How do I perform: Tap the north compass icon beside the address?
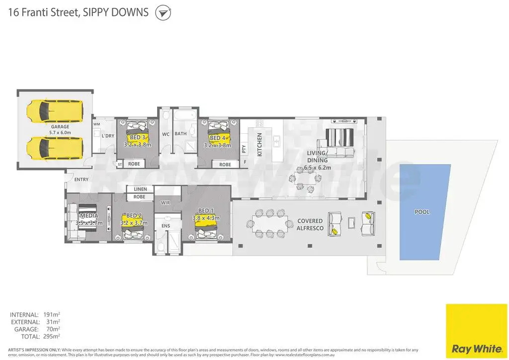click(x=163, y=13)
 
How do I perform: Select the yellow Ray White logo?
click(x=476, y=329)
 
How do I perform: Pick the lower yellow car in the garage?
click(x=55, y=147)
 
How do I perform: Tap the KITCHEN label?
click(x=259, y=145)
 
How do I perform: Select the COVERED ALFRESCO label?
click(x=310, y=224)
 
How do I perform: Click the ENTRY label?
click(x=81, y=180)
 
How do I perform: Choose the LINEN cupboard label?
click(x=140, y=189)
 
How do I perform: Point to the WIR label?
click(x=166, y=203)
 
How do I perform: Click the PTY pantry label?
click(x=244, y=148)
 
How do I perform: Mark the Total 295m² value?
click(x=52, y=337)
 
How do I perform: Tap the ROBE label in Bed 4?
click(x=225, y=165)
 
